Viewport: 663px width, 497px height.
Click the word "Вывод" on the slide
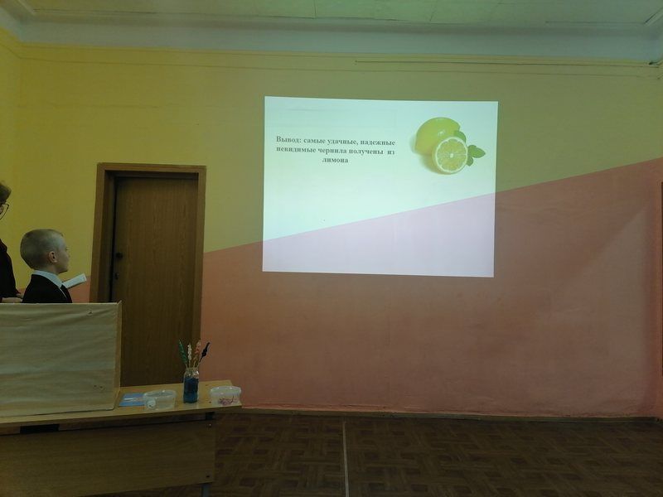pyautogui.click(x=288, y=139)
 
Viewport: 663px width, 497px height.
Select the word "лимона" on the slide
pyautogui.click(x=336, y=161)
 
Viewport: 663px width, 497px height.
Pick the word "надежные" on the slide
pyautogui.click(x=378, y=142)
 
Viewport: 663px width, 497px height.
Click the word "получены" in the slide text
pyautogui.click(x=367, y=151)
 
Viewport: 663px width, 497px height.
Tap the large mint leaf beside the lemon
pyautogui.click(x=476, y=152)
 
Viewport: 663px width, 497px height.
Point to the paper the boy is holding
pyautogui.click(x=75, y=281)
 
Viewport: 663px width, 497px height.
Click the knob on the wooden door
pyautogui.click(x=119, y=255)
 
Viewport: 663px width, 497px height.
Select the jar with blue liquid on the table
pyautogui.click(x=191, y=385)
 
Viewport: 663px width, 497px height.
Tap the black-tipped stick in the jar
pyautogui.click(x=204, y=354)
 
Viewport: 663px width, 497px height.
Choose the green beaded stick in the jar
pyautogui.click(x=181, y=355)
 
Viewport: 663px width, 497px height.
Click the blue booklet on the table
pyautogui.click(x=132, y=399)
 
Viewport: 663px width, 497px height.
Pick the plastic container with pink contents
pyautogui.click(x=225, y=395)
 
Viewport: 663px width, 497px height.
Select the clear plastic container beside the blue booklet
pyautogui.click(x=159, y=399)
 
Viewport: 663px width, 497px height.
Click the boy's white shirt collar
pyautogui.click(x=50, y=277)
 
